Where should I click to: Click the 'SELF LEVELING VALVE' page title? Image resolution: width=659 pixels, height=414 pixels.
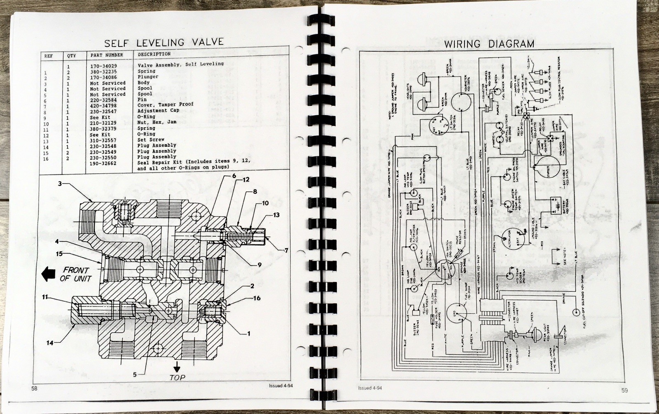pos(164,42)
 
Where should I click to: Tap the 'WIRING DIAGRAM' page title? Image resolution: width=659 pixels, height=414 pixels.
pos(489,44)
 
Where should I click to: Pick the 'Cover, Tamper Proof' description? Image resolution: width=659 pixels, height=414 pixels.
pos(165,105)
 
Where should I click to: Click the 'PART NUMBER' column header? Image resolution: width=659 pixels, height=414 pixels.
pos(107,55)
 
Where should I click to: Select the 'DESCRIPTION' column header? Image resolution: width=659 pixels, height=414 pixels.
pos(154,54)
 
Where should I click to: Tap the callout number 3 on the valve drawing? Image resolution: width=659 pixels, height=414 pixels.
pos(60,184)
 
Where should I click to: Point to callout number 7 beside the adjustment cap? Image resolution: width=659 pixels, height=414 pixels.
pos(286,250)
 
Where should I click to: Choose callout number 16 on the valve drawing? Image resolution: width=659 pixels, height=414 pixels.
pos(257,298)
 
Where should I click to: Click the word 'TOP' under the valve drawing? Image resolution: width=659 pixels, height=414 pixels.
pos(178,377)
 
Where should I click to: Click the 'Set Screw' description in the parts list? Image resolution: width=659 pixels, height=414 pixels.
pos(151,140)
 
